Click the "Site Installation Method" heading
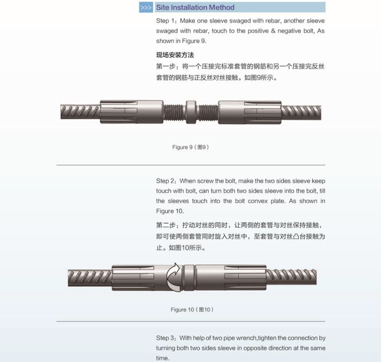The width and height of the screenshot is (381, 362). (195, 7)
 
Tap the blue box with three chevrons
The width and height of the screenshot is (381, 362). (146, 7)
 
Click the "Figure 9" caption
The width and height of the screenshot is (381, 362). (191, 147)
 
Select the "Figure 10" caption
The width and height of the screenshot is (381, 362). (192, 309)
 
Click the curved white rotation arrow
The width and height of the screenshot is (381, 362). (173, 277)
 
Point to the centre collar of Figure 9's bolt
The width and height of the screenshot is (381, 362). (191, 112)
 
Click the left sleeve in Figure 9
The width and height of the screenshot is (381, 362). (132, 112)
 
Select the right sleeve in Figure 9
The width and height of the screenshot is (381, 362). (250, 112)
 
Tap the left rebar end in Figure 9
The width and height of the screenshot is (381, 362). (80, 112)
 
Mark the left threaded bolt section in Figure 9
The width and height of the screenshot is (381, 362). (175, 112)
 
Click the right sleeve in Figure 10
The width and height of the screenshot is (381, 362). (231, 277)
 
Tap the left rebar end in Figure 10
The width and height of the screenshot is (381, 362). (90, 278)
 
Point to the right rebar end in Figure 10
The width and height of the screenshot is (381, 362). (292, 277)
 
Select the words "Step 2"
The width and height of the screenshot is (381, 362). (165, 181)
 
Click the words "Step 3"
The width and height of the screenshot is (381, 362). (165, 338)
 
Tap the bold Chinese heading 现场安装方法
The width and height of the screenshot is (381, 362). (175, 55)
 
